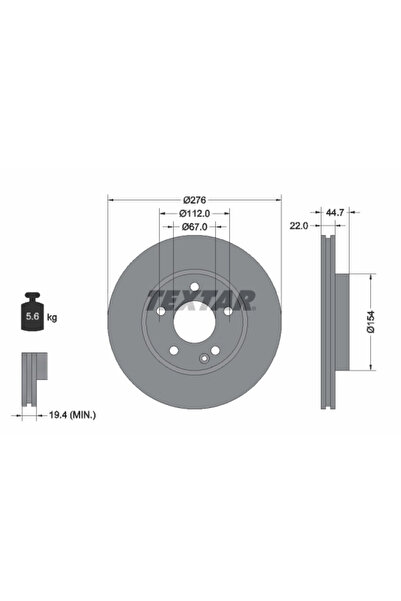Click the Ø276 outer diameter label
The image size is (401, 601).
[195, 200]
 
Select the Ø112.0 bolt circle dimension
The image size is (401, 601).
[194, 213]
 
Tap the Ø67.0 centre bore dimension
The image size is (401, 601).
[194, 227]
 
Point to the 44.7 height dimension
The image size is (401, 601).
[335, 212]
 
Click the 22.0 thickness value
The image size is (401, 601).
[299, 226]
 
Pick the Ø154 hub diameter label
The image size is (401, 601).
[371, 322]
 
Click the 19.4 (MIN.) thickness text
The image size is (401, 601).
[72, 415]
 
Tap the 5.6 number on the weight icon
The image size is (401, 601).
[32, 317]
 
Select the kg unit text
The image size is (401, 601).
[52, 317]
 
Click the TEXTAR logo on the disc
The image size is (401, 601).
[201, 300]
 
